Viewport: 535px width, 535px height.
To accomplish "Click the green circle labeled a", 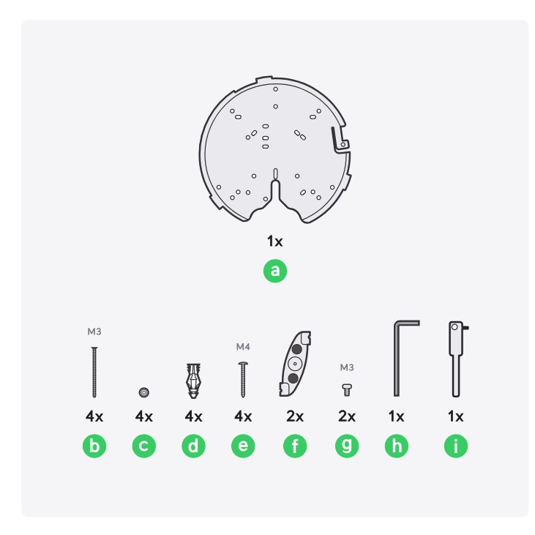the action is [x=275, y=271].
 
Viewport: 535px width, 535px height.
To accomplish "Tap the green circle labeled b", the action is [x=94, y=446].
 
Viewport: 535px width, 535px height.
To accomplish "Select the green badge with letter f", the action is [x=295, y=446].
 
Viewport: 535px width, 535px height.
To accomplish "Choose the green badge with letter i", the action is [x=456, y=446].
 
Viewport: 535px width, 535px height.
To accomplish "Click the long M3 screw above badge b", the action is [x=94, y=373].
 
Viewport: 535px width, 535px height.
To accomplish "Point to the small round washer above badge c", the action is [x=144, y=392].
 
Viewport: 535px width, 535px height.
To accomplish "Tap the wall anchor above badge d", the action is [x=193, y=381].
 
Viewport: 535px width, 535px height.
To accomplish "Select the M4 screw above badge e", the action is [x=243, y=380].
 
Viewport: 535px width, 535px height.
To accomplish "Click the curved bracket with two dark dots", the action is [x=295, y=364].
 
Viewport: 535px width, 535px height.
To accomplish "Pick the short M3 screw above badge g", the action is [x=347, y=390].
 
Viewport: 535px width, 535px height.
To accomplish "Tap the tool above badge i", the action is [x=456, y=359].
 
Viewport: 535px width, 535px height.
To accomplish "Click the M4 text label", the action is [x=243, y=347].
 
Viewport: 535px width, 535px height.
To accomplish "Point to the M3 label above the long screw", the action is [x=94, y=332].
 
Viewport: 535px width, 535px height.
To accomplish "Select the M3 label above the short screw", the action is [x=347, y=367].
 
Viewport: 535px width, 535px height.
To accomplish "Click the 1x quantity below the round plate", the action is [x=275, y=242].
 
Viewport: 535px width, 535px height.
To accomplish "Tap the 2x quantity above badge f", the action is [x=295, y=416].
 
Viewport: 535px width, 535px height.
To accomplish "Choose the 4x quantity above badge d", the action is [x=193, y=416].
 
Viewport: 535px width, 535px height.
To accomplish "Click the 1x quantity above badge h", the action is [x=396, y=416].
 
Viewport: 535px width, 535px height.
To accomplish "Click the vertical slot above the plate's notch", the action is [x=275, y=173].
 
